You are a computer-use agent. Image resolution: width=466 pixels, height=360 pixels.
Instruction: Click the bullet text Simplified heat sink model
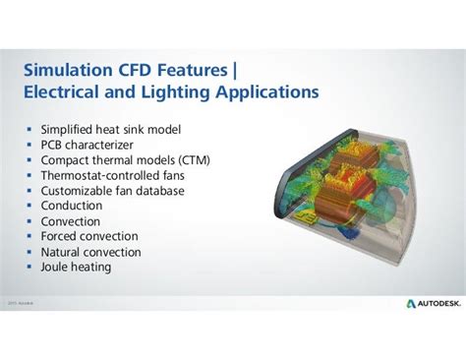(111, 129)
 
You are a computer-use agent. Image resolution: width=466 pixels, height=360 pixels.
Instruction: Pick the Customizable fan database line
(113, 191)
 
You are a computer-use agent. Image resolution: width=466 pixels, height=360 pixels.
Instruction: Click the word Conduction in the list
(72, 206)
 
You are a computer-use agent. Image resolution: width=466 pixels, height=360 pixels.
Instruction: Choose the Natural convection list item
(91, 252)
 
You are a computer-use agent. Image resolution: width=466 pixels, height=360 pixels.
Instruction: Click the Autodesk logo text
(434, 304)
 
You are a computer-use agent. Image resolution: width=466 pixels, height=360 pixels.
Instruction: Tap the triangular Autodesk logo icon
(410, 304)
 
